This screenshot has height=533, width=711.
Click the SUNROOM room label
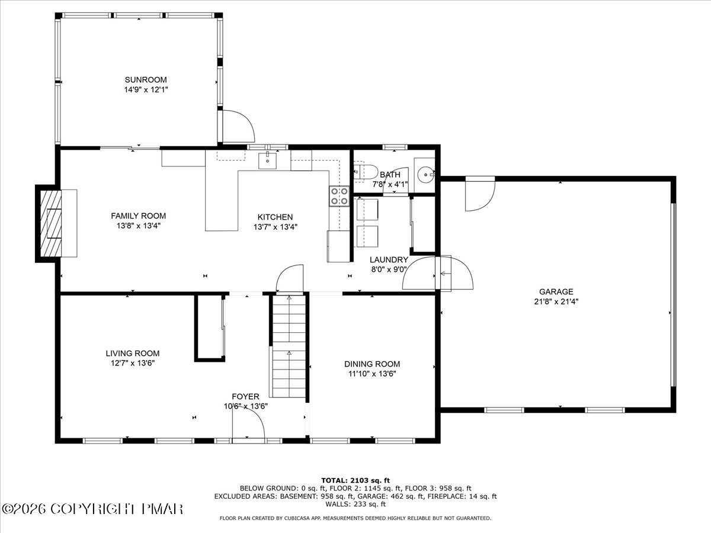tap(146, 79)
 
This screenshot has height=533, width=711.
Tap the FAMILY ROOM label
tap(138, 216)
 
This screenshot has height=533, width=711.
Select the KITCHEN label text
tap(275, 217)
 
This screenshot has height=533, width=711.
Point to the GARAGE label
tap(556, 291)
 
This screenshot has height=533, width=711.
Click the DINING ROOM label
tap(372, 364)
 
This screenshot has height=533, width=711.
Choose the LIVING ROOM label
tap(133, 354)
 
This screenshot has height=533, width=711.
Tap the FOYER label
tap(245, 396)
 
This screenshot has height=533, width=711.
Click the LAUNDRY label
tap(389, 259)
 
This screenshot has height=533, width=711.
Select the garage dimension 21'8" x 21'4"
tap(556, 301)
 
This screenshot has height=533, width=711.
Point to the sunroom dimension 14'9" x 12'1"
tap(146, 89)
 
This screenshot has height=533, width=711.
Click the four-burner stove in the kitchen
tap(339, 196)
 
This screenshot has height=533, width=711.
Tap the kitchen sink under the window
tap(267, 160)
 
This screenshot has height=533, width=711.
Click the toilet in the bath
tap(366, 172)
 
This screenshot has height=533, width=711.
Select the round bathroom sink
tap(425, 175)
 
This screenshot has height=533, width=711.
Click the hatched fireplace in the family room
tap(50, 224)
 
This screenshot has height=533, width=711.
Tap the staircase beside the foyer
tap(289, 346)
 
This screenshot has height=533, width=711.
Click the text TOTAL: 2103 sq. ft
tap(355, 480)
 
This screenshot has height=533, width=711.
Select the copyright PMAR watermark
tap(92, 509)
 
